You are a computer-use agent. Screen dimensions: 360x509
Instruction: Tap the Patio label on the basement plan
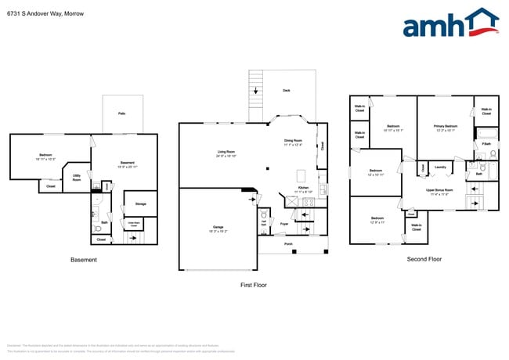coord(122,114)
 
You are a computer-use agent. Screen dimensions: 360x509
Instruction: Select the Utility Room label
coord(77,178)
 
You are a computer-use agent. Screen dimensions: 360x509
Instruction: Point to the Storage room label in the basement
coord(140,203)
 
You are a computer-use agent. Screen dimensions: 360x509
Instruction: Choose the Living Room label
coord(226,152)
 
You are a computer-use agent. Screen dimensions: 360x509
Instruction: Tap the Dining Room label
coord(295,141)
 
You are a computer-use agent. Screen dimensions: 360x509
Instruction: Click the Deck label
coord(286,91)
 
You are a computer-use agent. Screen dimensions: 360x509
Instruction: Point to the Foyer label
coord(284,224)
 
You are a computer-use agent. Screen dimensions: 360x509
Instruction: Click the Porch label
coord(288,243)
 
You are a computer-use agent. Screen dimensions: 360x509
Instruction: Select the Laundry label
coord(440,167)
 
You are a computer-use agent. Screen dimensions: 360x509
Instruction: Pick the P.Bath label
coord(486,144)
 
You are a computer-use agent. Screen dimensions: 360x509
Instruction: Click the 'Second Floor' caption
coord(424,259)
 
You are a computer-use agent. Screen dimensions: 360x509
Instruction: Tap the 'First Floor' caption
coord(253,285)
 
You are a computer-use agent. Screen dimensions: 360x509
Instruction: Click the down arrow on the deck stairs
coord(256,90)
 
